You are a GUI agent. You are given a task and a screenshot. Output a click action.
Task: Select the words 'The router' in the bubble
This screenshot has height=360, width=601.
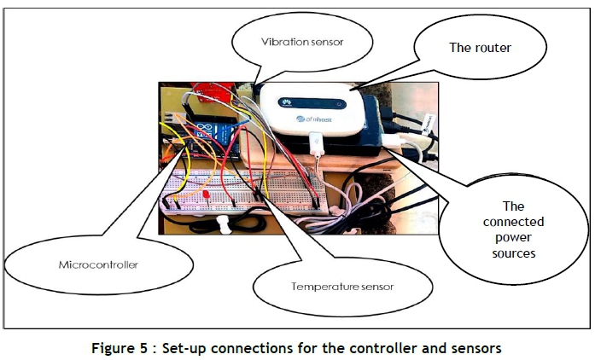pos(480,48)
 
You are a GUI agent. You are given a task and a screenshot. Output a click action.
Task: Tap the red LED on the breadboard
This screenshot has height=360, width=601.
pos(208,197)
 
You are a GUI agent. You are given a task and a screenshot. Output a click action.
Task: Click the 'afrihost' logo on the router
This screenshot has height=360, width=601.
pos(321,119)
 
